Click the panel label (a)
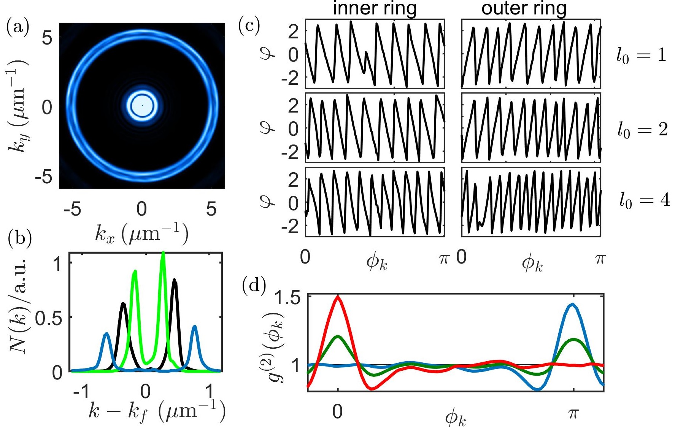[17, 28]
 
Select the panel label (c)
[249, 26]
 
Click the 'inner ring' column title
[375, 8]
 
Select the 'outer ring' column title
[524, 8]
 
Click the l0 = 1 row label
[641, 56]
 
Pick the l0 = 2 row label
[643, 130]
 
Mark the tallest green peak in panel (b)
[163, 253]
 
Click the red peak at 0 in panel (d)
[338, 297]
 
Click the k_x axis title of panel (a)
[141, 233]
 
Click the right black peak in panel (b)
[175, 281]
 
